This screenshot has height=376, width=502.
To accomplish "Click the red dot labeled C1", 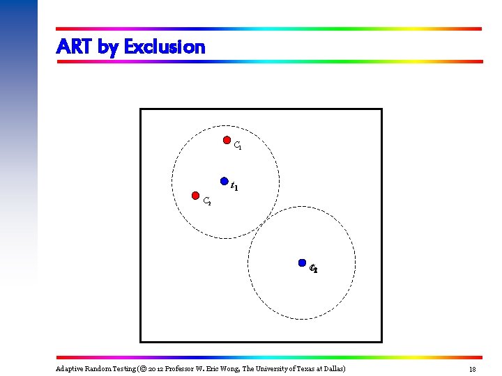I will (x=227, y=140).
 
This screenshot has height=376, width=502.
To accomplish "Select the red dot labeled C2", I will (x=196, y=196).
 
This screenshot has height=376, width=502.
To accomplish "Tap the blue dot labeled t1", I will (x=224, y=180).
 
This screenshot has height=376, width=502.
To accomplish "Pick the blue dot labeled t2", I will (x=302, y=263).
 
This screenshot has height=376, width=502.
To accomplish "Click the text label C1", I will (x=238, y=146).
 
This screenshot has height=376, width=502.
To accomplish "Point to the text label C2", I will (x=207, y=203).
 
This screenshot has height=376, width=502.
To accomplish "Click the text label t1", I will (x=235, y=187).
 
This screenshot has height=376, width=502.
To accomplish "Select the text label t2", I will (x=314, y=269).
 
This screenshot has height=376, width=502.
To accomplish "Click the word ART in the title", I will (x=74, y=47).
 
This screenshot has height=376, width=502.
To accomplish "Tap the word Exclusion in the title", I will (x=165, y=47).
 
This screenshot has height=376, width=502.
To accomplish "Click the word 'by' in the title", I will (x=108, y=47).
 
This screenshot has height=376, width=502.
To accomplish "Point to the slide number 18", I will (x=472, y=368).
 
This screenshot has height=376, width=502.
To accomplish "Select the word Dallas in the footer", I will (x=332, y=368).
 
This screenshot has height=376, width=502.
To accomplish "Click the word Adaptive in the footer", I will (x=69, y=368).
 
